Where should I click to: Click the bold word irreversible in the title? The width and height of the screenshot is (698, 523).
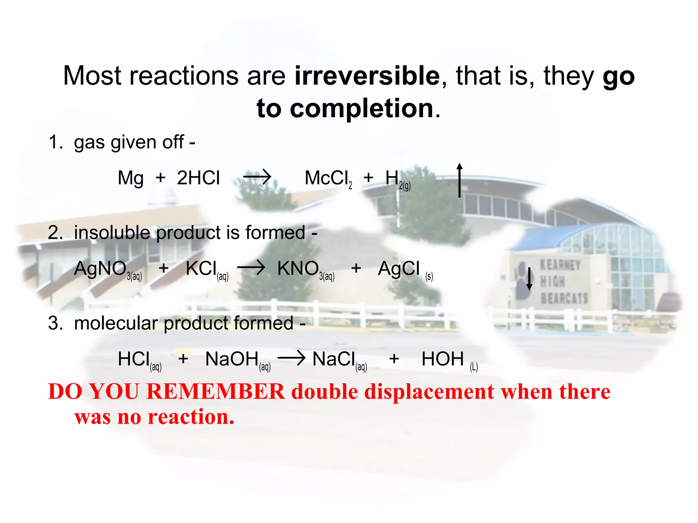tap(367, 76)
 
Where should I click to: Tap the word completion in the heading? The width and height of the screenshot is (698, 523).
tap(362, 109)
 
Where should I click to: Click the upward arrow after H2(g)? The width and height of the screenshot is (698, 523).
tap(459, 180)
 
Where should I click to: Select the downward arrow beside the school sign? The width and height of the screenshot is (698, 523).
tap(529, 279)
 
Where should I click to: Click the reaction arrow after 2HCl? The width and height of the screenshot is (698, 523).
tap(257, 177)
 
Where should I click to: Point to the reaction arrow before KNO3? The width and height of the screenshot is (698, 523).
tap(251, 268)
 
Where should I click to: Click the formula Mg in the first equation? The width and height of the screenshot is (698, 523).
tap(130, 178)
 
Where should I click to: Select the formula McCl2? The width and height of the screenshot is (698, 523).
tap(328, 178)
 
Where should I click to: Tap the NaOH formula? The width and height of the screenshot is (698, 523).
tap(232, 359)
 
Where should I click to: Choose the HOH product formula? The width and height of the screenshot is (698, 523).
tap(442, 359)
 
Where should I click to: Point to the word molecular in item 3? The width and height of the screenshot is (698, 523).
tap(116, 323)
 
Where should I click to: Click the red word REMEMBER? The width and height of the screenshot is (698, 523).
tap(215, 392)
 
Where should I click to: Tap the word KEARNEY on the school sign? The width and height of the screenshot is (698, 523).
tap(560, 265)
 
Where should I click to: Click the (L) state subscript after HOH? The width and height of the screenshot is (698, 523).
tap(474, 367)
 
